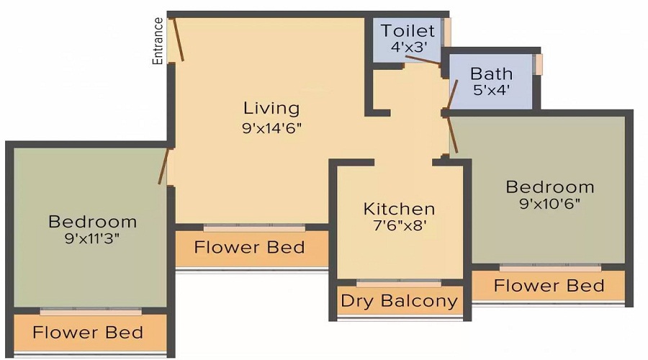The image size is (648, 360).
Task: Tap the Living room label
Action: [x=271, y=109]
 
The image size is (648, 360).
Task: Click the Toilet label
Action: [x=408, y=31]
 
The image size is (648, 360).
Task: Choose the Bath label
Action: [x=491, y=73]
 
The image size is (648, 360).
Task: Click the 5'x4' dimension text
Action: [x=491, y=91]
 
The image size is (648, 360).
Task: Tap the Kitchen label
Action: [x=399, y=210]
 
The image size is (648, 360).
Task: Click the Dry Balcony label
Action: [x=399, y=300]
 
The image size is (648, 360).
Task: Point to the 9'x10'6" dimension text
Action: [x=550, y=203]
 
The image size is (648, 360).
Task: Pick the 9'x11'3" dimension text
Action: [x=92, y=238]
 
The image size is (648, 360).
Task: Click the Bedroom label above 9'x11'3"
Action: [x=92, y=221]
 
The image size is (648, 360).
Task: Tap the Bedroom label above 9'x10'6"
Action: [x=550, y=187]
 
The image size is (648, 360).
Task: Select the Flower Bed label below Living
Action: [x=249, y=248]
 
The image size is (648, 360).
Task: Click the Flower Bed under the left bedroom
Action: [x=88, y=333]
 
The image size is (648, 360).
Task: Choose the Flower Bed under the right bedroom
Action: [x=549, y=286]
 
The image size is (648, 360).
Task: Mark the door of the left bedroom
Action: [x=164, y=166]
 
